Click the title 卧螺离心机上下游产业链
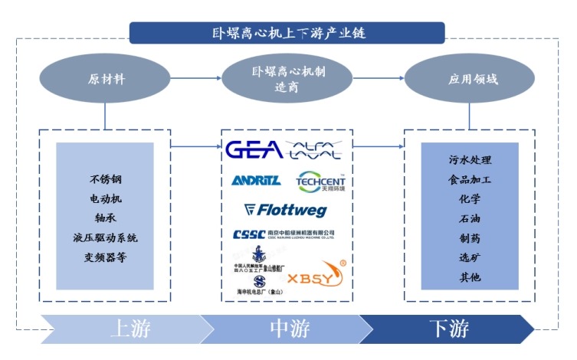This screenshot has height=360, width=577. (287, 32)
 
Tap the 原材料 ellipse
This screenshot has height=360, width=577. (105, 79)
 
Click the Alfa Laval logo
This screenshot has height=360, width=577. (316, 149)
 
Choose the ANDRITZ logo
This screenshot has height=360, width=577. (256, 181)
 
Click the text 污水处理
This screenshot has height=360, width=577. (470, 160)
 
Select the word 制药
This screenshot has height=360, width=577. (470, 238)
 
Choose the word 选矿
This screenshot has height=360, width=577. (470, 257)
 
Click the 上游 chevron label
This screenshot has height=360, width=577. (130, 329)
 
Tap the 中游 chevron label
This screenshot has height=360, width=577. (289, 329)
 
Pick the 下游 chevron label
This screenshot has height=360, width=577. (448, 329)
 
